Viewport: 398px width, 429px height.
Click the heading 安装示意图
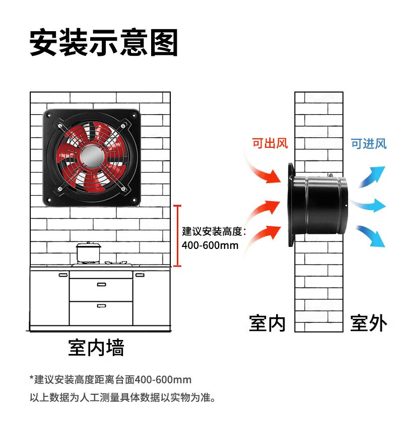click(104, 43)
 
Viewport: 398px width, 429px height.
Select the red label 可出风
click(270, 143)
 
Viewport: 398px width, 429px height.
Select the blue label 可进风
click(369, 143)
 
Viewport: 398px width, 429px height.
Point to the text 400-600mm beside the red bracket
click(210, 246)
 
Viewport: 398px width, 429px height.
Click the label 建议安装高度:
click(214, 232)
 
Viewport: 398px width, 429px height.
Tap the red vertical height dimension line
click(176, 235)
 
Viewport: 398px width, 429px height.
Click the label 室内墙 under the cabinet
click(96, 348)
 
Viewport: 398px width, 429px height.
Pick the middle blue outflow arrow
click(370, 205)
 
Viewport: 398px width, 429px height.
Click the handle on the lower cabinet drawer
click(101, 305)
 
